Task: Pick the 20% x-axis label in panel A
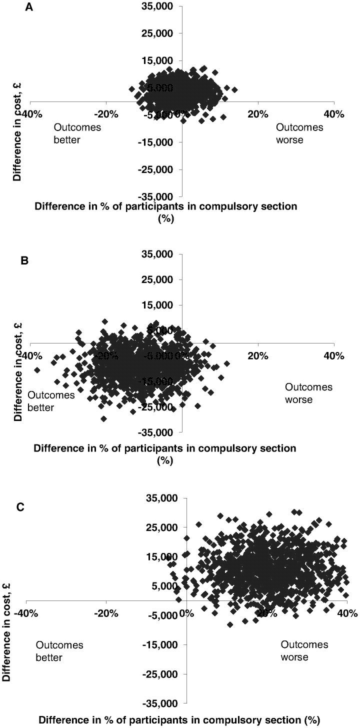(258, 114)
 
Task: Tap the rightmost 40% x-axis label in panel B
(333, 356)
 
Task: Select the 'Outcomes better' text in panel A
(77, 133)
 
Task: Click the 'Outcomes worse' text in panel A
(299, 133)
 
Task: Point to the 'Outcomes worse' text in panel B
(308, 393)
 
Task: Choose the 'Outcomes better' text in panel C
(59, 651)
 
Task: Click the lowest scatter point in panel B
(103, 419)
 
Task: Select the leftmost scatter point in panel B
(37, 370)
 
